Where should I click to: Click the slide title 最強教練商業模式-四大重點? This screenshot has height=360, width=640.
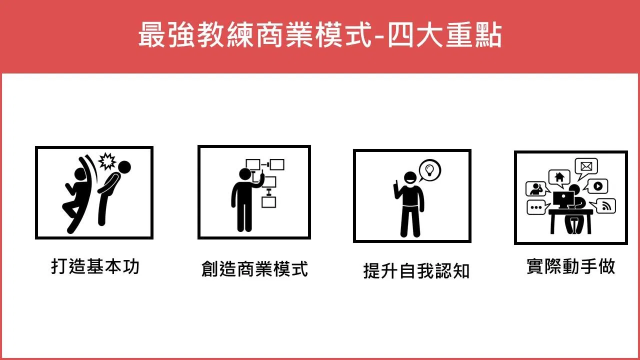click(320, 35)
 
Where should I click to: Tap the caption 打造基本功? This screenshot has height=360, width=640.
click(95, 266)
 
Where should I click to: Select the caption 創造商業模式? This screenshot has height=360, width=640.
click(254, 268)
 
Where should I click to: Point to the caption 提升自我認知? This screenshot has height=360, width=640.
click(416, 271)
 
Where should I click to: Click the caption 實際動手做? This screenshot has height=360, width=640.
click(570, 266)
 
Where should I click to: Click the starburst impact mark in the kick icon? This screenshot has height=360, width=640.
click(107, 161)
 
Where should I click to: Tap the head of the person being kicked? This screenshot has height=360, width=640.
click(124, 167)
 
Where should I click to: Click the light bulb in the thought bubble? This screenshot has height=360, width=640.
click(429, 170)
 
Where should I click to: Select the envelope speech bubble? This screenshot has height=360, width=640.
click(586, 168)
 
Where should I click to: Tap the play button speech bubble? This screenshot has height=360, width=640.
click(596, 186)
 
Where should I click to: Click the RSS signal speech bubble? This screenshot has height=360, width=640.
click(603, 205)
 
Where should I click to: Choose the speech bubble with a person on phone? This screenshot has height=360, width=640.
click(537, 189)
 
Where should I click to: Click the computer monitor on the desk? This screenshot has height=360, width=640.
click(563, 199)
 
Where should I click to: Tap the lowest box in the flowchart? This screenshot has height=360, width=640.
click(269, 202)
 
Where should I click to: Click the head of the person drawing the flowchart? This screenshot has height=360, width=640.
click(245, 174)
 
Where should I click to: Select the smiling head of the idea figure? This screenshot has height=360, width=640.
click(410, 178)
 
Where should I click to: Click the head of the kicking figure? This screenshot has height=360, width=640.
click(80, 174)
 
